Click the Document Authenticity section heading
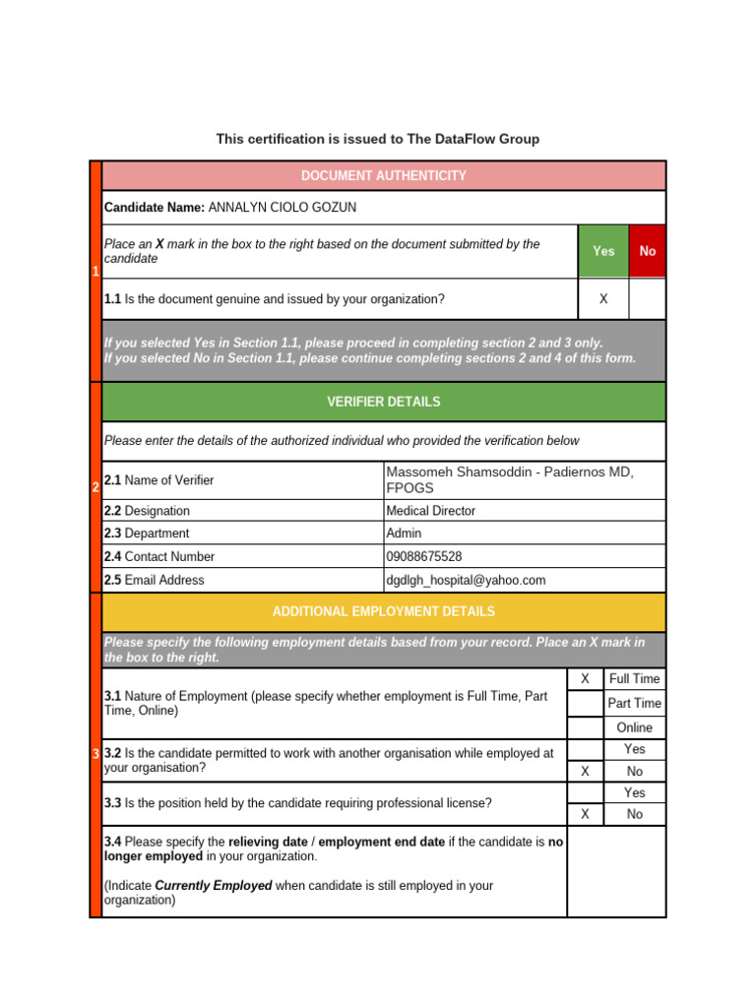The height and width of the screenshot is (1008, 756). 384,175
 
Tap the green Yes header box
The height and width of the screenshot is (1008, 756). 603,251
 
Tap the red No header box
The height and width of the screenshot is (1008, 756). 647,251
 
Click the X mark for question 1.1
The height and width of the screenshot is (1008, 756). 603,299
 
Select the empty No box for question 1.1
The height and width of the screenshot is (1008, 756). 647,299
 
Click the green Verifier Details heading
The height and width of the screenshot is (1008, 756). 384,402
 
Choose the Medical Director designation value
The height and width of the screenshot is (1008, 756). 431,511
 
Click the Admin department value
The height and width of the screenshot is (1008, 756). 404,534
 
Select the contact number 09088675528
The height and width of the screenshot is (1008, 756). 424,556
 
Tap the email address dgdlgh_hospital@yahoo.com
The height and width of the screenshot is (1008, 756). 466,580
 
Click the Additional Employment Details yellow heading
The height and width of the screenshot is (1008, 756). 384,611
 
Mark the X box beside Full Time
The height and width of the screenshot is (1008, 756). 585,679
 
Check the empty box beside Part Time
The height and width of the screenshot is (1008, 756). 585,703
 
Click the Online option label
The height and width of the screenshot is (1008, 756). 634,727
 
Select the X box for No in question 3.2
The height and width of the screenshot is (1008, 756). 585,772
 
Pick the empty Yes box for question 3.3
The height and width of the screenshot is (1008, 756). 585,792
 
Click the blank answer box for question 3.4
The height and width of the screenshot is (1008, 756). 616,871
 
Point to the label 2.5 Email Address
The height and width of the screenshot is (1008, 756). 155,580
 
